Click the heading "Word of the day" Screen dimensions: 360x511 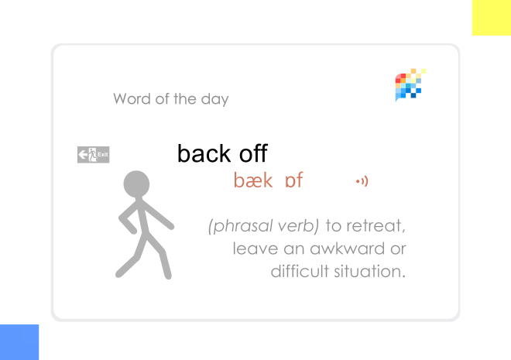click(170, 99)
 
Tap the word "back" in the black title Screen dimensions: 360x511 click(204, 153)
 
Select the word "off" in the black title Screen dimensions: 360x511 click(253, 153)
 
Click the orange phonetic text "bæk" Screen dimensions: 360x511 click(253, 180)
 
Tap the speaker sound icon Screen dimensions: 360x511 click(362, 181)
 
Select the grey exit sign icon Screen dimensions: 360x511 click(93, 155)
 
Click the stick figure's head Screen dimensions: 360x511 click(136, 184)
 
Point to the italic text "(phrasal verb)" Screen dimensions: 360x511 click(263, 226)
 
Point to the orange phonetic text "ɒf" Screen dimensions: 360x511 click(293, 181)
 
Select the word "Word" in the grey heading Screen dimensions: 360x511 click(131, 99)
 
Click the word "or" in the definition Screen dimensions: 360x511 click(398, 249)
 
